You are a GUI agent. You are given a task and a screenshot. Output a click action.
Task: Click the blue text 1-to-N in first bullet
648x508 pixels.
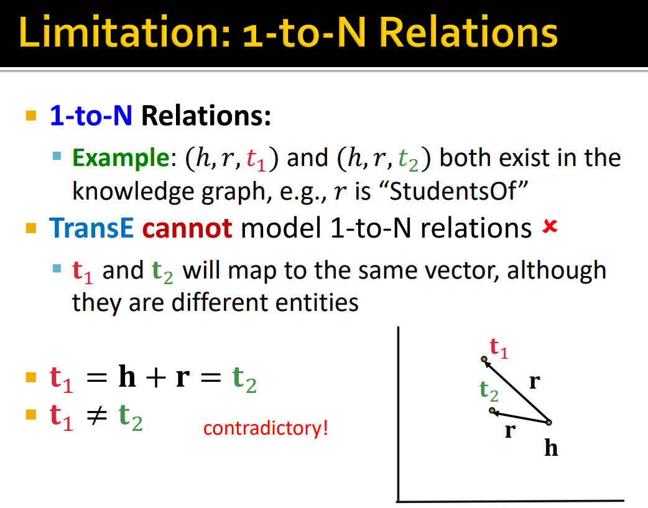91,115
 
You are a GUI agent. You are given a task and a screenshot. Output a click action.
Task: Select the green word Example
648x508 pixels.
121,159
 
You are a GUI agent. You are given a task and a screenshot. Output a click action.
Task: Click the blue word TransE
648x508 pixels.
91,228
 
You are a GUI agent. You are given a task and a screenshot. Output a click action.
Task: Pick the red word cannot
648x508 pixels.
187,229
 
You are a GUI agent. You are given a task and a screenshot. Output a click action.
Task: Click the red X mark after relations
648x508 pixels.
550,226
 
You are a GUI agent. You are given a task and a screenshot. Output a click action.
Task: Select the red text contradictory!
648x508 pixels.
266,428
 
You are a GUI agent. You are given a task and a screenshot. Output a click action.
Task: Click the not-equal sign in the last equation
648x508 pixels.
97,415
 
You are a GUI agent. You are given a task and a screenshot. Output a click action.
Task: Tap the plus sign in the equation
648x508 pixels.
156,377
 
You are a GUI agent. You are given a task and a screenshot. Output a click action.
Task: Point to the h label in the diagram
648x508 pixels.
551,447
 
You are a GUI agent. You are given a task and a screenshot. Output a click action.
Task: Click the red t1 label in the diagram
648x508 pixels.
499,348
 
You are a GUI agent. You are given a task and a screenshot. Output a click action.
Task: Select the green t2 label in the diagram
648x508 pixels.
489,390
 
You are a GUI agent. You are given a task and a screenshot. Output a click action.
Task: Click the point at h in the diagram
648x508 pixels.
549,422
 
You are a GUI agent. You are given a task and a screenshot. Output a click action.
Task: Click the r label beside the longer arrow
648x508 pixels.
534,382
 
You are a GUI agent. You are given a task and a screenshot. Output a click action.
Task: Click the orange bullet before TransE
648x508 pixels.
31,228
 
